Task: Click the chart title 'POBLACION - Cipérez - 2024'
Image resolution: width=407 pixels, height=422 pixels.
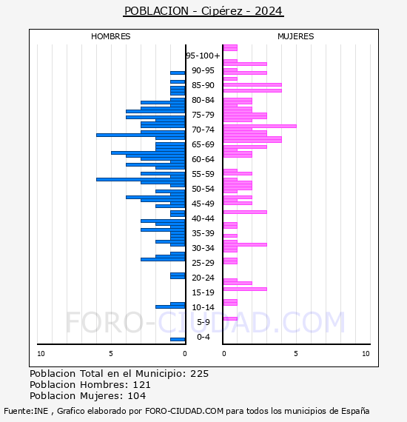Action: point(203,11)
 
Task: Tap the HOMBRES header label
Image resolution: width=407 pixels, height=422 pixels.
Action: point(110,36)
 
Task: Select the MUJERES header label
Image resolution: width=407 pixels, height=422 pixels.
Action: point(296,36)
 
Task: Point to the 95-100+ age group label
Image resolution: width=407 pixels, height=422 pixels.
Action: point(203,56)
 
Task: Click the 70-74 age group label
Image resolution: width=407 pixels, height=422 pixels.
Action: point(203,130)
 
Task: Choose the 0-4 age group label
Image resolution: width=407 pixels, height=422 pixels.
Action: point(203,337)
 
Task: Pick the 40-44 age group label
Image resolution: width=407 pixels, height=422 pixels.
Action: point(203,218)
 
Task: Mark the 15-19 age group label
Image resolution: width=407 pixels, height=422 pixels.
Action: point(203,292)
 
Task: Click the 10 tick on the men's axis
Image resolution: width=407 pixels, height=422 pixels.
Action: point(41,354)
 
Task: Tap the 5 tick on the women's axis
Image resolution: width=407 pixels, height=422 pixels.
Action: point(296,354)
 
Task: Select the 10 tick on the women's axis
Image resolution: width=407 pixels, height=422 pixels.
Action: point(366,354)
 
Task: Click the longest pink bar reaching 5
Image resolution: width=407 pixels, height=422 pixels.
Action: point(260,126)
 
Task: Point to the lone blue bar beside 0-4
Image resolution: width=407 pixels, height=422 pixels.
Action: point(178,339)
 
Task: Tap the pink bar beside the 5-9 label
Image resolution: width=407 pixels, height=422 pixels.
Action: point(230,318)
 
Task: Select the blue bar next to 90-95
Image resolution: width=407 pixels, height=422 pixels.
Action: point(178,73)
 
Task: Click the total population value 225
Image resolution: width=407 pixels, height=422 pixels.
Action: point(199,374)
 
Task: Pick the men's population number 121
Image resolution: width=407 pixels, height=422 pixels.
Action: point(142,384)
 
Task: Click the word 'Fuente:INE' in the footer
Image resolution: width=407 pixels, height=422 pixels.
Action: point(26,411)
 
